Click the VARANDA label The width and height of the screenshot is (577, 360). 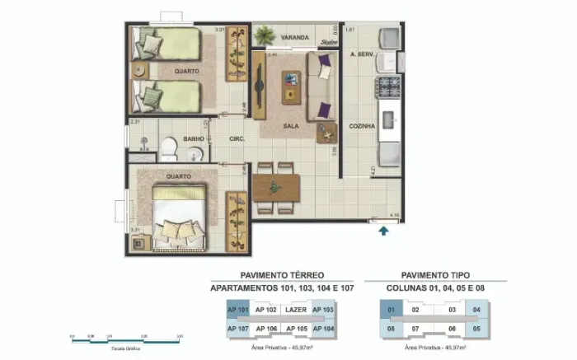click(294, 38)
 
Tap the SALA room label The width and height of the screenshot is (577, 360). click(290, 126)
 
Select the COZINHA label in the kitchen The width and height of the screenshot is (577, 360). click(362, 126)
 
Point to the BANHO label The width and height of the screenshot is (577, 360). click(195, 138)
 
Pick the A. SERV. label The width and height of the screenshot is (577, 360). click(362, 54)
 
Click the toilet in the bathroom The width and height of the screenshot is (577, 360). click(168, 148)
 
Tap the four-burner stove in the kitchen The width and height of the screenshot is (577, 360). click(387, 86)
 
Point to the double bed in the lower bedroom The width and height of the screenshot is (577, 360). click(178, 216)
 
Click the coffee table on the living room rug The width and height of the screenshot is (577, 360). click(291, 85)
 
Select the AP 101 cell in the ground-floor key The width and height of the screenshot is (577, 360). click(237, 310)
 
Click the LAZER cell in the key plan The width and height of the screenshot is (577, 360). click(295, 310)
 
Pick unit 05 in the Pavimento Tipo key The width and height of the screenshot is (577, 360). click(476, 328)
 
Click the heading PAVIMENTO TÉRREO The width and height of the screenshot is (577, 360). click(283, 275)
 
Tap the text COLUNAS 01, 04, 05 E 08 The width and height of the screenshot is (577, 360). click(436, 289)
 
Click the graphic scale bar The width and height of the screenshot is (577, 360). click(125, 338)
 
